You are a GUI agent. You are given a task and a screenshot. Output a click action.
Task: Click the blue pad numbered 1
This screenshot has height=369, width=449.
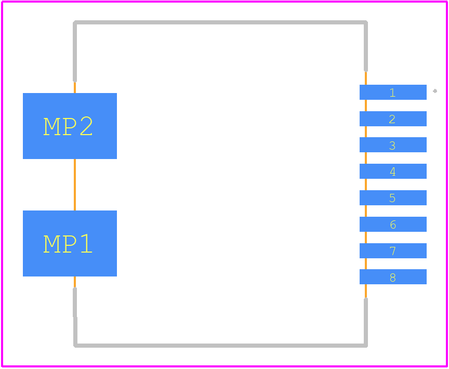(393, 92)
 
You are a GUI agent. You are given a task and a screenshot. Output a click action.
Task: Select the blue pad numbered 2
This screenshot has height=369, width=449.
(393, 119)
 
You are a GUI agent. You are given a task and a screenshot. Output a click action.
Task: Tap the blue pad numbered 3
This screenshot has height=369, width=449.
(393, 145)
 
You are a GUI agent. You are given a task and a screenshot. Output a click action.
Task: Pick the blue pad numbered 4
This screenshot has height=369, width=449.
(393, 171)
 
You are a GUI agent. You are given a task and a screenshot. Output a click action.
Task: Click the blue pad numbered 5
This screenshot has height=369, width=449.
(393, 198)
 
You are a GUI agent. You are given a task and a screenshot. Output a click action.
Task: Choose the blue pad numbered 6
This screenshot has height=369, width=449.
(393, 224)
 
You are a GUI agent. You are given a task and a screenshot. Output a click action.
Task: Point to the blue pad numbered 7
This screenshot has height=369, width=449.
(393, 251)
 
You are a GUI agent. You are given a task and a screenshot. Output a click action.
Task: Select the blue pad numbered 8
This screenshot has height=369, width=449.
(393, 277)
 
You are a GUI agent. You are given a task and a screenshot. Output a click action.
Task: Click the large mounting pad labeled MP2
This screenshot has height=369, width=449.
(70, 126)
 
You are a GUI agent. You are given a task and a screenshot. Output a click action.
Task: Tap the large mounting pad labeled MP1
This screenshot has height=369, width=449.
(70, 244)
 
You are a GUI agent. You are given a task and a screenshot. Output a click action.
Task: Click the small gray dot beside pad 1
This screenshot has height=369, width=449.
(435, 91)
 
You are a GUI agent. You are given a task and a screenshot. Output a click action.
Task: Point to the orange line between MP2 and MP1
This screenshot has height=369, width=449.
(75, 184)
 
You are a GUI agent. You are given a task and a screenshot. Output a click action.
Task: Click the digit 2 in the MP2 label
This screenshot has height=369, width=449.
(86, 126)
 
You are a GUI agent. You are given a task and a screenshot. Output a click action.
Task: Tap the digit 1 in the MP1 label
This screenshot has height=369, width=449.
(86, 244)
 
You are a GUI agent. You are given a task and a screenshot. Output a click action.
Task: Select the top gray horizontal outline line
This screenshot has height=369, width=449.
(220, 22)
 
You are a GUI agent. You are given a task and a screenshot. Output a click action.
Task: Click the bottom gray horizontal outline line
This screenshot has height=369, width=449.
(220, 346)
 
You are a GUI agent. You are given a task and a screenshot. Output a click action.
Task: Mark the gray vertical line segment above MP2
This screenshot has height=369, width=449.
(75, 51)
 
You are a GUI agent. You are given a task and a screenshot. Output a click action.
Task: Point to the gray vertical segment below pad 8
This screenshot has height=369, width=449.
(366, 322)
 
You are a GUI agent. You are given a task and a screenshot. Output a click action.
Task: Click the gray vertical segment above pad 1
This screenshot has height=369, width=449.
(366, 46)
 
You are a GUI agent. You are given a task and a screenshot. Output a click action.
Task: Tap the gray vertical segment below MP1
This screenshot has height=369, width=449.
(75, 317)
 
